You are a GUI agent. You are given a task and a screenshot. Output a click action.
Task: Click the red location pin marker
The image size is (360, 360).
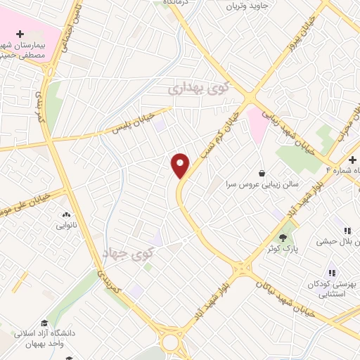pos(181,165)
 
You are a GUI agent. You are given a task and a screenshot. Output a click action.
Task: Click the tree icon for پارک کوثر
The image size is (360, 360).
pos(283,238)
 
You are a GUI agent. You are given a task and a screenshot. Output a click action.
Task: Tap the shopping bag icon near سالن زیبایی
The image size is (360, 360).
pos(262,173)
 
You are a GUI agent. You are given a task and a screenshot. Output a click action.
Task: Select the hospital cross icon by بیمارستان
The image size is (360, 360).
pos(20,34)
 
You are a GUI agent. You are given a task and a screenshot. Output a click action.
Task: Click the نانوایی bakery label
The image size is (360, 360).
pos(67,226)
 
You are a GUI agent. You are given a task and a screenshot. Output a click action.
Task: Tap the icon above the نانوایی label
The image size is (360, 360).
pos(66,215)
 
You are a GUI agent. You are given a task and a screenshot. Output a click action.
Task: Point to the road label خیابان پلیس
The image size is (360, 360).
pos(135,124)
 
